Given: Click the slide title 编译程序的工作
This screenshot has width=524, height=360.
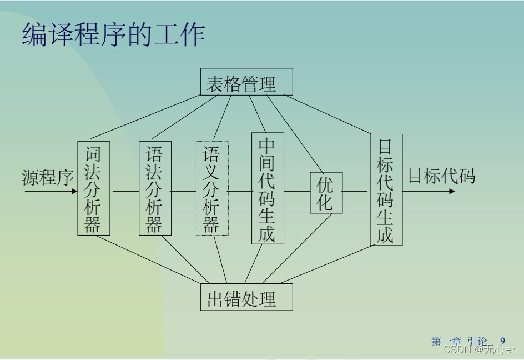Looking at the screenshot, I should [x=114, y=34].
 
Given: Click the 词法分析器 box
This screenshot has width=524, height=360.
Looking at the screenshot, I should [x=93, y=188].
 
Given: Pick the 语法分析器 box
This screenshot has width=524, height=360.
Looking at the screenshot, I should [x=155, y=188].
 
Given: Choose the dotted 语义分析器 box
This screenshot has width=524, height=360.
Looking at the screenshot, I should [x=211, y=188].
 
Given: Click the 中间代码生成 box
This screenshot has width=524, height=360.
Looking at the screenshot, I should [x=267, y=188].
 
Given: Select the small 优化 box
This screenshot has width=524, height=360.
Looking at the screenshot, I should [x=326, y=192].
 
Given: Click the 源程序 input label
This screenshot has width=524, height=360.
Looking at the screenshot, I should [x=48, y=177].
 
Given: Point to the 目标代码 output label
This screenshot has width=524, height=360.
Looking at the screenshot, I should [x=441, y=176].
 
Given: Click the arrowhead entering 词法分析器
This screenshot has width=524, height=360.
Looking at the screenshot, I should [x=74, y=191].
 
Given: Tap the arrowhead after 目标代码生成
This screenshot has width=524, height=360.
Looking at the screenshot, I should [x=452, y=191].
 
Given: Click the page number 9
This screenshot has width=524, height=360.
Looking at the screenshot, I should [x=502, y=341].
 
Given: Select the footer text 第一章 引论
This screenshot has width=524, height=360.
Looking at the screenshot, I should [x=459, y=341].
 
